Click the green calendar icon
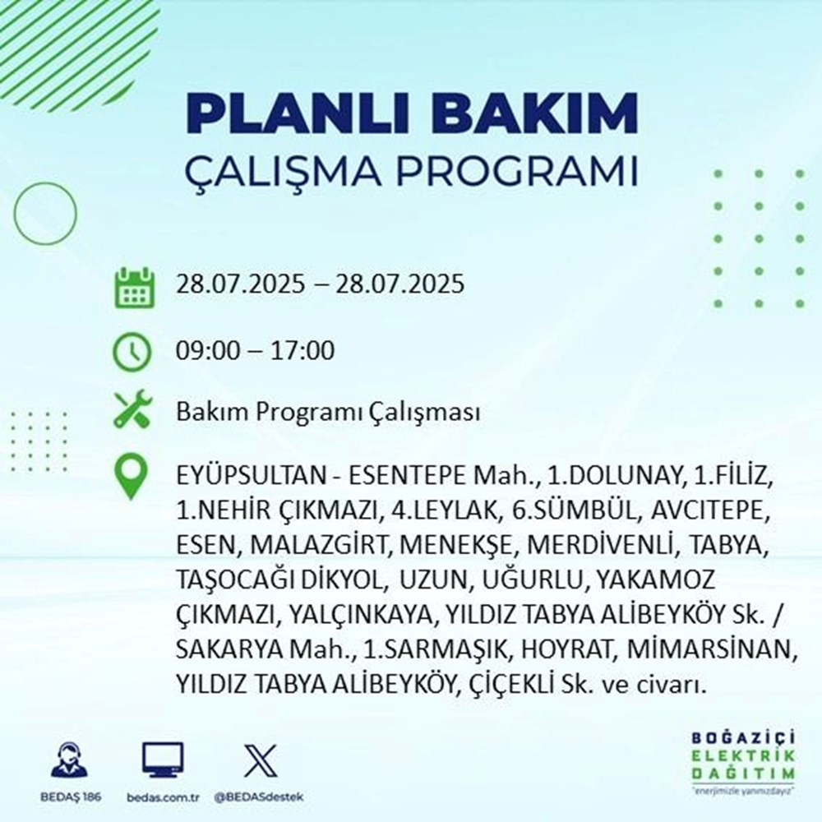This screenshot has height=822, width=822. pyautogui.click(x=133, y=287)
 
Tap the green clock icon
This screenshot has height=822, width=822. pyautogui.click(x=133, y=352)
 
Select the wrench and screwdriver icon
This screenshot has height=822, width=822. pyautogui.click(x=133, y=411)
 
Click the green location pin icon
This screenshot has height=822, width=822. pyautogui.click(x=133, y=478)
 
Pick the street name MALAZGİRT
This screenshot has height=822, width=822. pyautogui.click(x=312, y=545)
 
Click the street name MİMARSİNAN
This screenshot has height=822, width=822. pyautogui.click(x=711, y=649)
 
